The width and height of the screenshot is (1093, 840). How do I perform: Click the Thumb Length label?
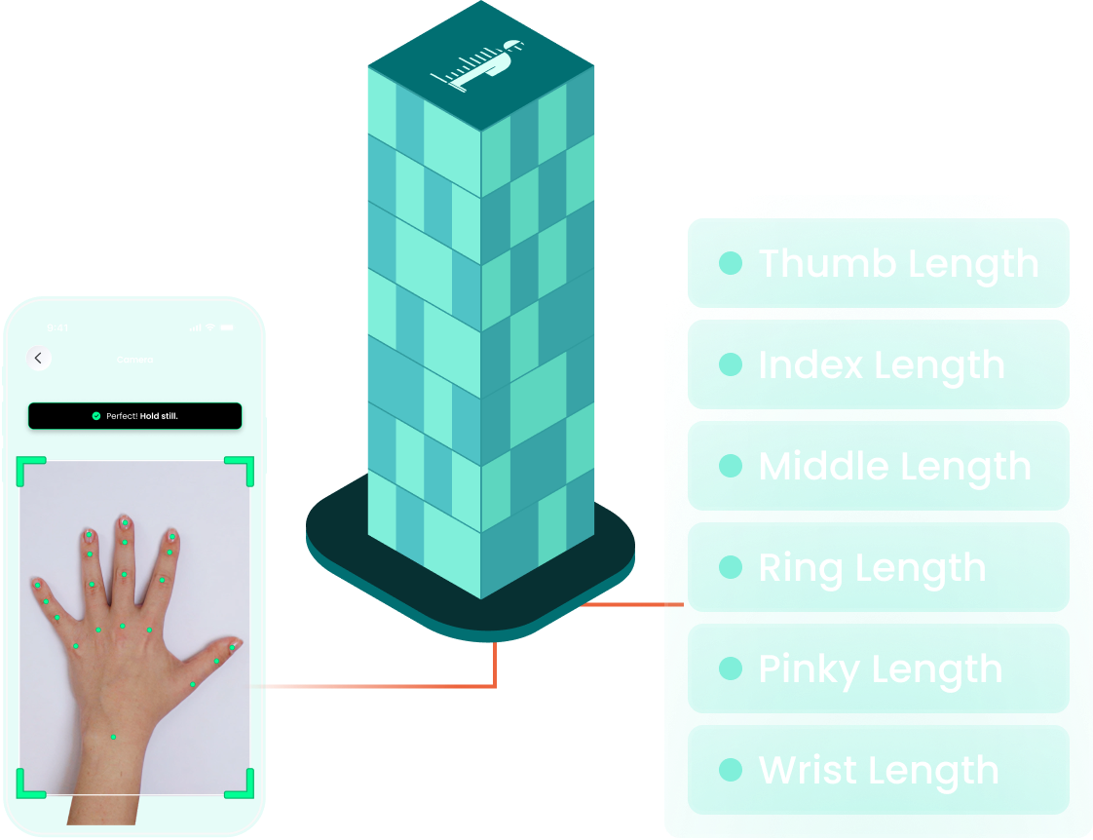coord(898,263)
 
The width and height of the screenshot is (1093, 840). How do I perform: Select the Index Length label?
coord(881,364)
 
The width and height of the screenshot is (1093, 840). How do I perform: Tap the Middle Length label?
coord(894,466)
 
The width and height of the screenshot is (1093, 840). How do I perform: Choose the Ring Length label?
coord(872,567)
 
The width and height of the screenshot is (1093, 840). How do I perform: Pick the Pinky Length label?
coord(880,668)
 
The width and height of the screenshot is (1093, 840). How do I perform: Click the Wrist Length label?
coord(878,770)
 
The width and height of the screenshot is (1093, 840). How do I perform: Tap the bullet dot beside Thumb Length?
coord(730,263)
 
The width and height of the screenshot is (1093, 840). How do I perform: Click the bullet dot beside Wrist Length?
coord(730,770)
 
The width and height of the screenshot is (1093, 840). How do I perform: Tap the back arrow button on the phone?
coord(38,359)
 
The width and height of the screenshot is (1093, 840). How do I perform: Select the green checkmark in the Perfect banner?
coord(96,416)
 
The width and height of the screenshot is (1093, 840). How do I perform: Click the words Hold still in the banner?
coord(159,416)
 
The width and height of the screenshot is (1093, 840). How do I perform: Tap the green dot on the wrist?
coord(113,737)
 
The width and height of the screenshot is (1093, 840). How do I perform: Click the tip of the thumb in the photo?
coord(236,643)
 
